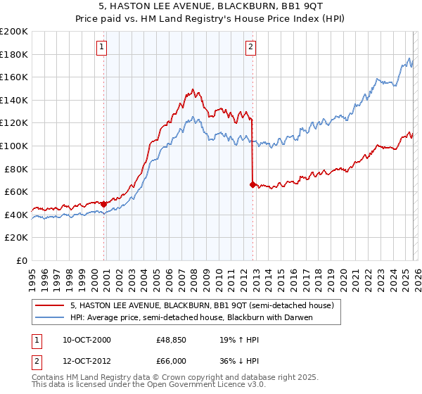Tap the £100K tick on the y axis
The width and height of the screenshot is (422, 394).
[15, 146]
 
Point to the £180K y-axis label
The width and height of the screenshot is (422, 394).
[15, 54]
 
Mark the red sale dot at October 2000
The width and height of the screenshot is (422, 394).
[104, 204]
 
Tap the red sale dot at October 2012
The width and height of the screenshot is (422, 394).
[252, 184]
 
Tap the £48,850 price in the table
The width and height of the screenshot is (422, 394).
[171, 340]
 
